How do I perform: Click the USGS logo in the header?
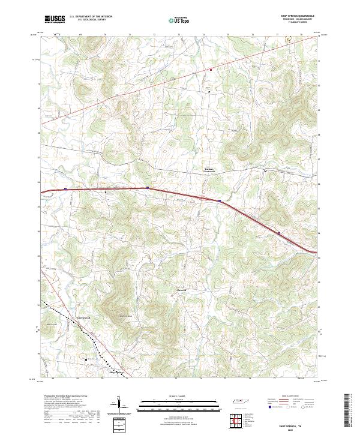click(x=55, y=19)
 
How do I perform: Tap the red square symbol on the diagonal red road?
click(x=211, y=69)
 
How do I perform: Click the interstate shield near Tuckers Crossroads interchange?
click(x=220, y=200)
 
